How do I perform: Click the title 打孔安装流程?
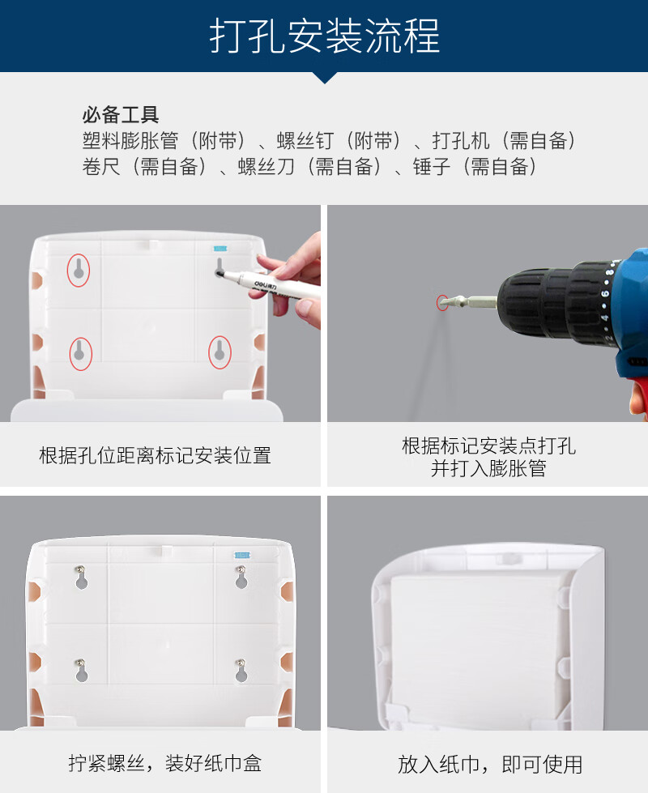(x=324, y=36)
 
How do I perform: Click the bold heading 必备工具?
(x=121, y=115)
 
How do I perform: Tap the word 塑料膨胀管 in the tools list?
(x=130, y=141)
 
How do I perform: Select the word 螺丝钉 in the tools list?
(x=305, y=141)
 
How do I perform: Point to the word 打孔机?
(x=461, y=141)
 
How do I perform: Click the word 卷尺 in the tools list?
(x=102, y=166)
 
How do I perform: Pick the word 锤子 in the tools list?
(x=432, y=166)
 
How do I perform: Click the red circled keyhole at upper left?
(x=79, y=270)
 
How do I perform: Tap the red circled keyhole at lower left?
(x=80, y=353)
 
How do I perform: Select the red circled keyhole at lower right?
(x=220, y=352)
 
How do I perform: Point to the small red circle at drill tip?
(x=442, y=302)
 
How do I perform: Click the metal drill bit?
(x=468, y=302)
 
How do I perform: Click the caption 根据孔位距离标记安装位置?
(x=155, y=455)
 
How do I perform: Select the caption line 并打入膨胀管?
(x=488, y=468)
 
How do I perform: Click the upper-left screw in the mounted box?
(x=81, y=570)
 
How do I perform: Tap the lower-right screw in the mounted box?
(x=241, y=663)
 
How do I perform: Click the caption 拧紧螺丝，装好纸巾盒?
(x=165, y=763)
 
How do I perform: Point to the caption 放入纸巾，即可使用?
(x=490, y=764)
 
